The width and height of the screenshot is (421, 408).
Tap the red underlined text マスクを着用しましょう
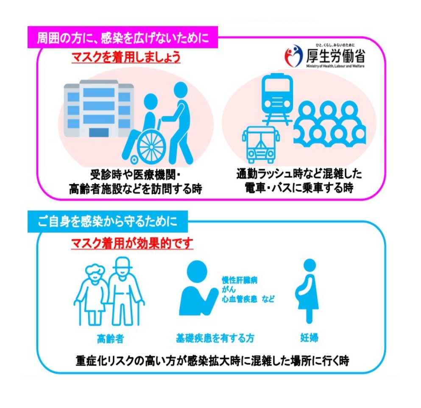(125, 57)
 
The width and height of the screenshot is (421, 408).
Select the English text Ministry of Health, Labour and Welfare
(335, 66)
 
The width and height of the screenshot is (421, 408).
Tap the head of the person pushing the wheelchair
(180, 90)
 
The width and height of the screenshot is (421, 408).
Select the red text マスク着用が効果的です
(131, 243)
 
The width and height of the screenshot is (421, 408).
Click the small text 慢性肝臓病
(240, 280)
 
